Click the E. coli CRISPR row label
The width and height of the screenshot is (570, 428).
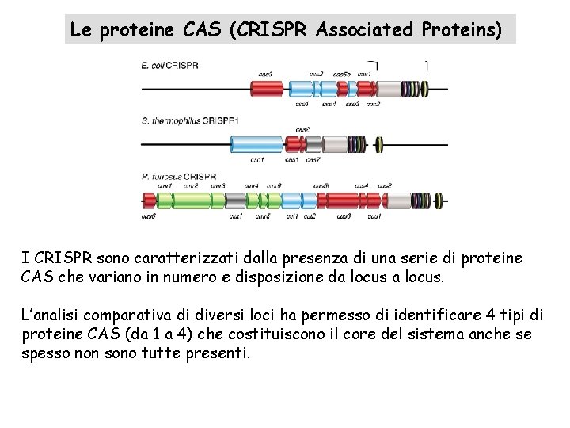pyautogui.click(x=169, y=65)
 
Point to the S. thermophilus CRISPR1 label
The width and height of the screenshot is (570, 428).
pyautogui.click(x=189, y=120)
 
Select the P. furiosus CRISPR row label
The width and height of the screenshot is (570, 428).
pyautogui.click(x=179, y=176)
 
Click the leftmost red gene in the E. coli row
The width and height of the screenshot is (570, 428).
pyautogui.click(x=266, y=89)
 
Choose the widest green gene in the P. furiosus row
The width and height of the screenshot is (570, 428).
pyautogui.click(x=192, y=201)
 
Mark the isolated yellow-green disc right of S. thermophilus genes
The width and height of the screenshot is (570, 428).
pyautogui.click(x=379, y=144)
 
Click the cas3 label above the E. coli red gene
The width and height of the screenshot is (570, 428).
pyautogui.click(x=266, y=75)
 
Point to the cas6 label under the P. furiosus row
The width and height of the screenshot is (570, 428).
pyautogui.click(x=149, y=216)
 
